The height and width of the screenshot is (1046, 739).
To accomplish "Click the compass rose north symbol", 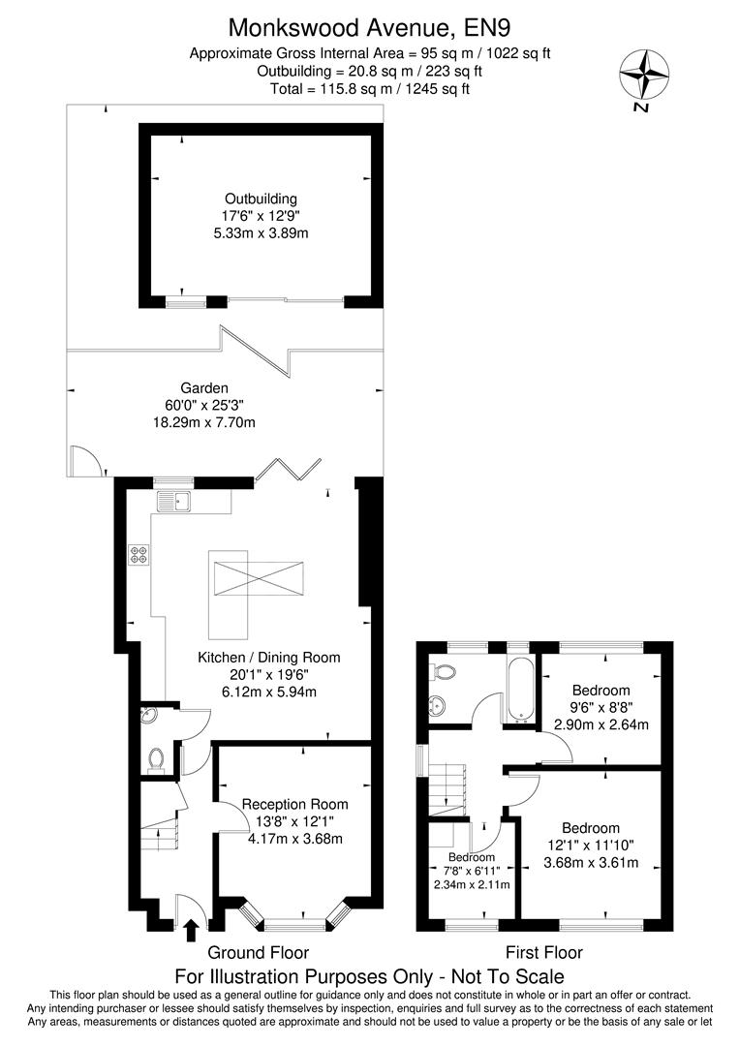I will tap(643, 77).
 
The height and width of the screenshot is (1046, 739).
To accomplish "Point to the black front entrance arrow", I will tap(190, 931).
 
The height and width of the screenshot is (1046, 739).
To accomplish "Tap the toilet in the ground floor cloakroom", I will tap(156, 759).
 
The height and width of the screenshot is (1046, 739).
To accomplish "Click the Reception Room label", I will tap(294, 804).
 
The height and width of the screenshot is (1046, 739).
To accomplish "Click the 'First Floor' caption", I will tap(544, 952).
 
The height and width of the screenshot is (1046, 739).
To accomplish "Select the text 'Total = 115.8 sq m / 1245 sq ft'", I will tap(370, 88).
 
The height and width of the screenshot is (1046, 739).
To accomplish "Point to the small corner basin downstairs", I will tap(149, 717).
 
